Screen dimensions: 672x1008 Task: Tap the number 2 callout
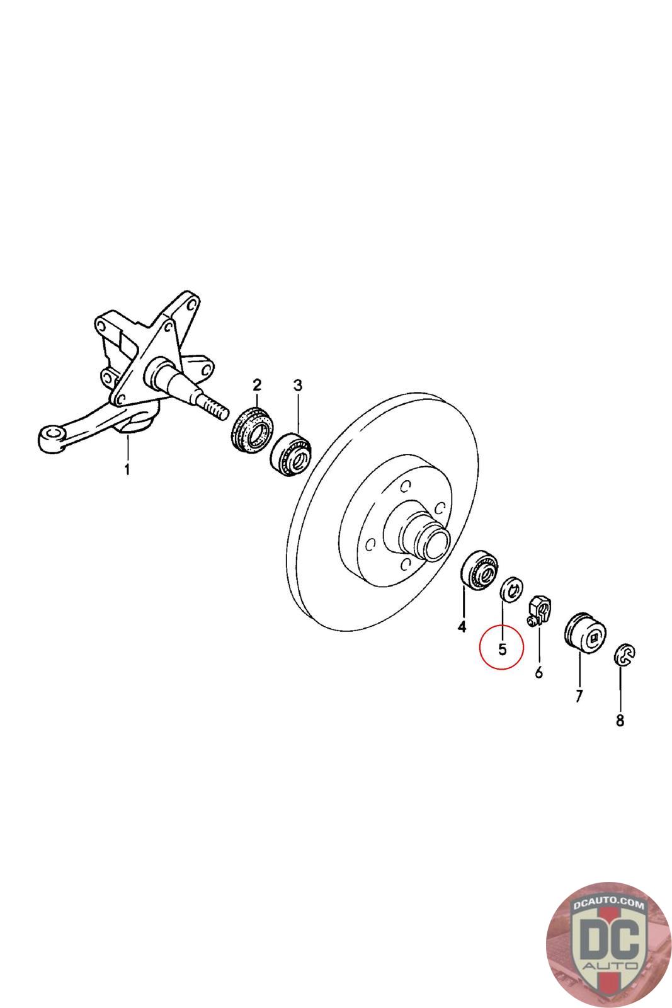point(257,385)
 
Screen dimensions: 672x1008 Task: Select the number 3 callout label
point(298,385)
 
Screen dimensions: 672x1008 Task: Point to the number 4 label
point(462,626)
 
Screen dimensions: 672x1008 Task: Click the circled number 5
point(502,649)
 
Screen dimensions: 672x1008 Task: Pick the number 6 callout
point(539,672)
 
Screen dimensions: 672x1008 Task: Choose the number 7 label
point(579,696)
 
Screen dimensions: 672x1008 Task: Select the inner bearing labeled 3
point(290,454)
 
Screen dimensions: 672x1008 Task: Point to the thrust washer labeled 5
point(511,588)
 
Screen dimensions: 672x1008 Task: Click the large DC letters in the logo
point(610,937)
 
